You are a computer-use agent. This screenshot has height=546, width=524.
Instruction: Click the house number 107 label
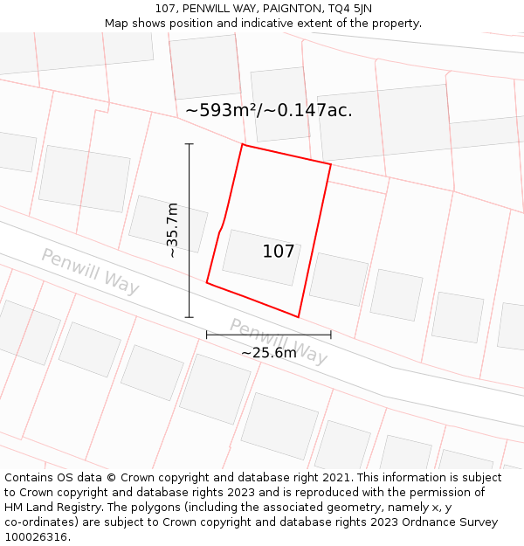pos(279,252)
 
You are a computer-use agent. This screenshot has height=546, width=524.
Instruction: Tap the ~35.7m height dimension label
pos(173,230)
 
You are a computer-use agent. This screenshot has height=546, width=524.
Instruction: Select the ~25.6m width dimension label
pos(269,352)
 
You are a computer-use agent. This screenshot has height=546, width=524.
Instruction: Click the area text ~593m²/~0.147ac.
pos(269,110)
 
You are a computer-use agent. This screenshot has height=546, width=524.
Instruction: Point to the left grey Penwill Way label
pos(90,271)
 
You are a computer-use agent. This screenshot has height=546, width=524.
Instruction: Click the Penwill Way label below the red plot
pos(279,342)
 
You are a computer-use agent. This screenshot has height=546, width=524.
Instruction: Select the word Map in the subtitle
pos(116,24)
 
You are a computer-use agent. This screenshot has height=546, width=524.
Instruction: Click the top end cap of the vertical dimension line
pos(190,144)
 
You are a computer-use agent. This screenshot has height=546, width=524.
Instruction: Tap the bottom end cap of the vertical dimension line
pos(190,317)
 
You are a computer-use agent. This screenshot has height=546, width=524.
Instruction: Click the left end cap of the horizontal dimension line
pos(207,335)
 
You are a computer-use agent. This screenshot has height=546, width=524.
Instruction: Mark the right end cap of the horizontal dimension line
pos(331,335)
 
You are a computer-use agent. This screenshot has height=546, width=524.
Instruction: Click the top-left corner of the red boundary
pos(242,145)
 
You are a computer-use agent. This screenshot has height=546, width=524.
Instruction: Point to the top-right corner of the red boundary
pos(331,164)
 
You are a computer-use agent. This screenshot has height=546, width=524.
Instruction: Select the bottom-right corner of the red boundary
pos(299,317)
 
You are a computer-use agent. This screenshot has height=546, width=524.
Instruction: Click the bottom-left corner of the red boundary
pos(207,282)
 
